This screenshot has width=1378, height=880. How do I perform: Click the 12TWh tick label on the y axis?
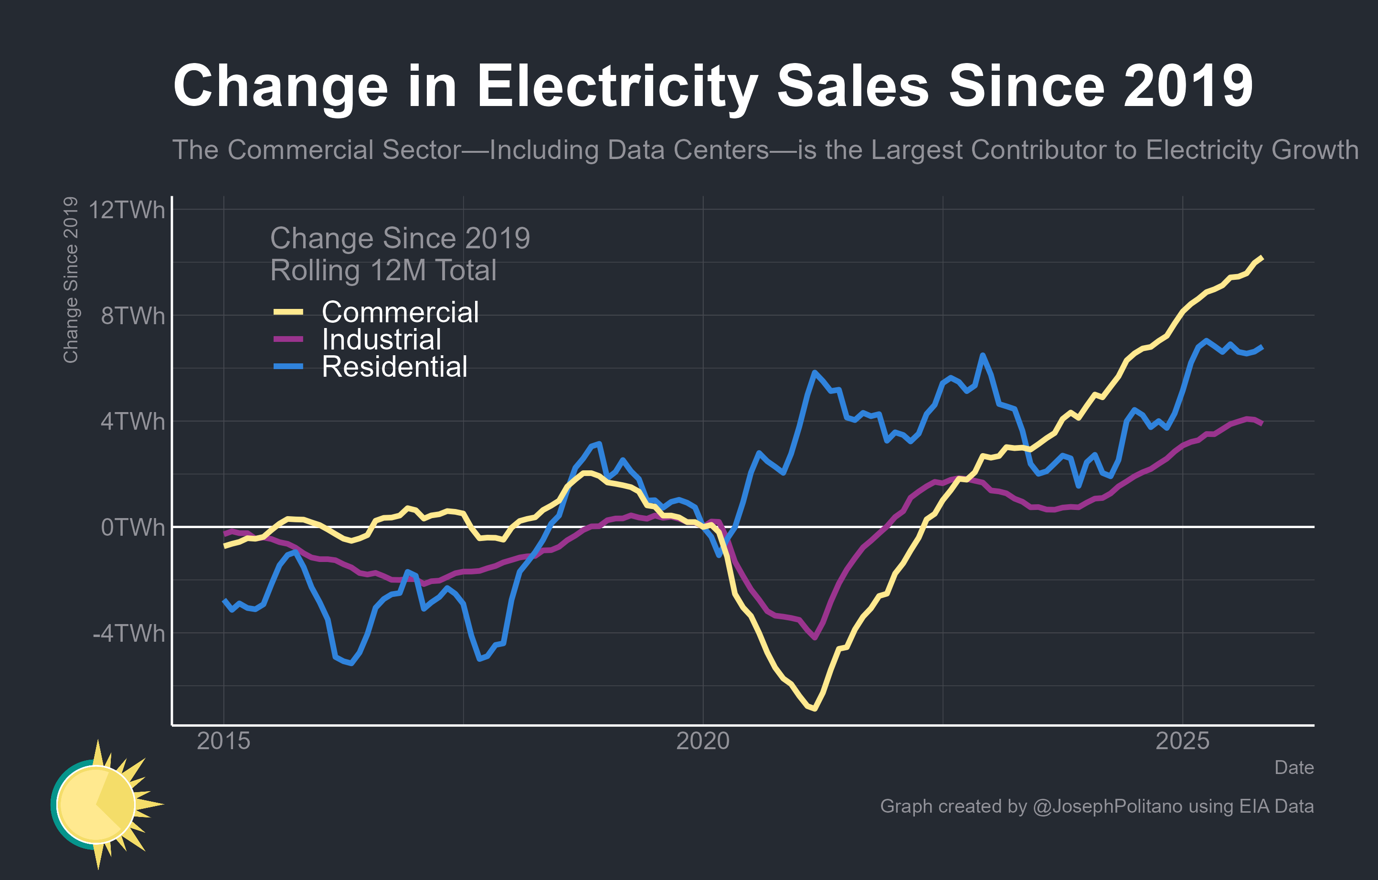pos(127,210)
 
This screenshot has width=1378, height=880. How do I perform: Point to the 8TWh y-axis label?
pos(132,316)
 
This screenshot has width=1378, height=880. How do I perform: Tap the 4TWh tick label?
pos(132,422)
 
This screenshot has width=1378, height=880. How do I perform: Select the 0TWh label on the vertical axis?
pos(132,528)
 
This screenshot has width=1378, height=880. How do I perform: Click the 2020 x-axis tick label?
pos(703,741)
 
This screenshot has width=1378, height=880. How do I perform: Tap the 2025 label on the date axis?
pos(1182,741)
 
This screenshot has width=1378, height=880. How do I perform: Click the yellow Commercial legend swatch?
pos(288,312)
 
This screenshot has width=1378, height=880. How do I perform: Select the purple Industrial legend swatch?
pos(288,339)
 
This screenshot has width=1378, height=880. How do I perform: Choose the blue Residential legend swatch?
pos(288,366)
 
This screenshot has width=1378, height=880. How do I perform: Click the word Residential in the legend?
pos(394,367)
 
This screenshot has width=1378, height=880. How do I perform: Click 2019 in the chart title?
pos(1188,86)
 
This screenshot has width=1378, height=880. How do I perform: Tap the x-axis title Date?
pos(1294,767)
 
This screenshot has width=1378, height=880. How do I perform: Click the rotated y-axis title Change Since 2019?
pos(70,280)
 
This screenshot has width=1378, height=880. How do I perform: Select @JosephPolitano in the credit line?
pos(1107,806)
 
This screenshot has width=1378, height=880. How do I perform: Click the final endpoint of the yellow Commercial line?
pos(1262,257)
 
